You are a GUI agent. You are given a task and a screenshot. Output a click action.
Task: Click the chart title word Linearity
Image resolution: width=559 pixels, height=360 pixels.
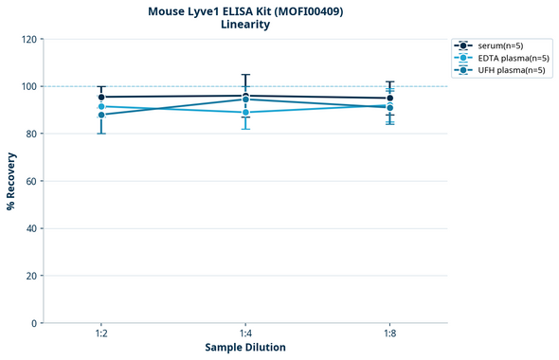[245, 25]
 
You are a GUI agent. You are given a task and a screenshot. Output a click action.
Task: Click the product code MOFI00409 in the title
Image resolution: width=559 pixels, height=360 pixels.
[306, 11]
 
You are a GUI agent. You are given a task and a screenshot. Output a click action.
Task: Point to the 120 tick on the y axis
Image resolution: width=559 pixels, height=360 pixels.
[27, 39]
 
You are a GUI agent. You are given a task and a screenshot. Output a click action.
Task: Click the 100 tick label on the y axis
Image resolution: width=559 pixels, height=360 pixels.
[27, 86]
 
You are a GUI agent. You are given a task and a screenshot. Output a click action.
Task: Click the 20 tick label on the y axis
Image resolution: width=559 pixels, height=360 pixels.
[30, 276]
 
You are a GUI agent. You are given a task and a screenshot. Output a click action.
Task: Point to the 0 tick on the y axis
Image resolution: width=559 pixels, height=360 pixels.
[33, 323]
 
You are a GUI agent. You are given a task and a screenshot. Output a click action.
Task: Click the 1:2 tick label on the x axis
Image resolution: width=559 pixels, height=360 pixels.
[100, 333]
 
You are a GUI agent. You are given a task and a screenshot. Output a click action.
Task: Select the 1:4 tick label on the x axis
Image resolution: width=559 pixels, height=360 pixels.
[245, 333]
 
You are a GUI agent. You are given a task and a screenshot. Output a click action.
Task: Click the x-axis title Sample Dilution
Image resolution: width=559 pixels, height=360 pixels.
[245, 348]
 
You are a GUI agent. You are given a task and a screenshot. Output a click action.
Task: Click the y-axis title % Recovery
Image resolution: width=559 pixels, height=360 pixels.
[11, 180]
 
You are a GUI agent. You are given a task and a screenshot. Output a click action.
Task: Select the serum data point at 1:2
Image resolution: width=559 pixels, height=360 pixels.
[100, 97]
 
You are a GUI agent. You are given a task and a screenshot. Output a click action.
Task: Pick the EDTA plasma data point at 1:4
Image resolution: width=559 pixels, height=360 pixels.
[245, 112]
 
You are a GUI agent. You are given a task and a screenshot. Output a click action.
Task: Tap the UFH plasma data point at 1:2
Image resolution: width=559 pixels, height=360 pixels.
[100, 115]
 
